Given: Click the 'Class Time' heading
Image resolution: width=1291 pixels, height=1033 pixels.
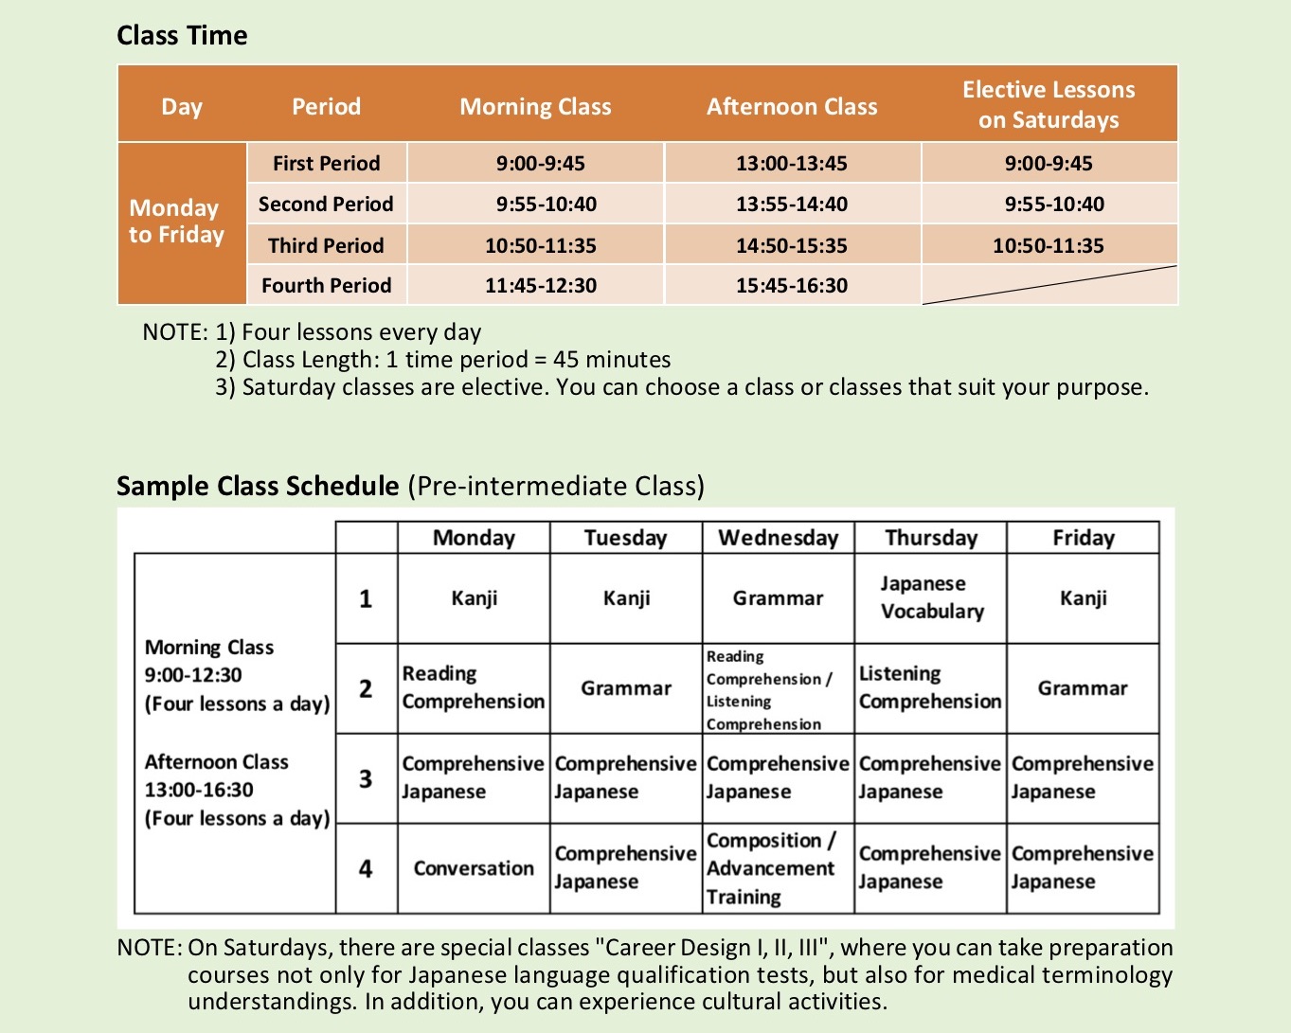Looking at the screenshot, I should click(x=182, y=36).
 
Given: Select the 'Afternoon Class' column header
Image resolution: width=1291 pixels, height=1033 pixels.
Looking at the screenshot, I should click(x=792, y=106).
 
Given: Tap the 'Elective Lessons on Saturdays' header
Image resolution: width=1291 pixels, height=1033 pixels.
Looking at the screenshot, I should click(x=1049, y=104).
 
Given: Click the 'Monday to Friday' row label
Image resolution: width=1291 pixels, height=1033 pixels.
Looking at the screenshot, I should click(x=177, y=222).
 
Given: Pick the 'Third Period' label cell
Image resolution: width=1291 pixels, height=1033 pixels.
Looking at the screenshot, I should click(x=326, y=245).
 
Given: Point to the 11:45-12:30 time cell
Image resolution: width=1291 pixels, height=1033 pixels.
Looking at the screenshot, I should click(x=540, y=285).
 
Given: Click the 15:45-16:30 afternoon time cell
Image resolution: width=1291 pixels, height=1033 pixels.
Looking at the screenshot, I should click(x=791, y=285).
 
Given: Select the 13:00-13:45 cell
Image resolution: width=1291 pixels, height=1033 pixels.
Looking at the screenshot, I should click(x=791, y=163).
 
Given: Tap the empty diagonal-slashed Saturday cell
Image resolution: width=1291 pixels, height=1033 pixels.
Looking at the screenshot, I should click(x=1049, y=285).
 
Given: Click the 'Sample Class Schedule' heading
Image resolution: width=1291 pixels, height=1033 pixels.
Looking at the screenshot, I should click(x=258, y=486).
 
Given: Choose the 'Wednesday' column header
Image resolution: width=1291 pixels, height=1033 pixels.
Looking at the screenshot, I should click(x=778, y=538).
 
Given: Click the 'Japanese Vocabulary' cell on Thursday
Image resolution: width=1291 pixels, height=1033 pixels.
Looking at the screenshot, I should click(x=931, y=597).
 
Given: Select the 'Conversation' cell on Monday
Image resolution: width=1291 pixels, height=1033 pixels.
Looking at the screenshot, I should click(x=474, y=868).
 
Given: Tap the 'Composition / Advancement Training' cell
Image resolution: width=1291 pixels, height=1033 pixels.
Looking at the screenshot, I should click(x=778, y=868).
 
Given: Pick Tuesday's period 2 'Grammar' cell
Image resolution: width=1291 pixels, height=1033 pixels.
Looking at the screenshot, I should click(x=626, y=688).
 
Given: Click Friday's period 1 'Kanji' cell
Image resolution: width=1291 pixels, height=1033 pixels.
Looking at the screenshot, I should click(x=1083, y=597).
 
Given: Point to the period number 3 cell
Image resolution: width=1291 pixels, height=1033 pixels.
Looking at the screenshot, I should click(x=366, y=778).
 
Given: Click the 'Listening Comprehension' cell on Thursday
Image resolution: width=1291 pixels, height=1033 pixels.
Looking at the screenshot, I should click(x=930, y=688).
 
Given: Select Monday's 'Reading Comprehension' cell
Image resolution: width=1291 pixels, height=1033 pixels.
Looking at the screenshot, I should click(x=473, y=688).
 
